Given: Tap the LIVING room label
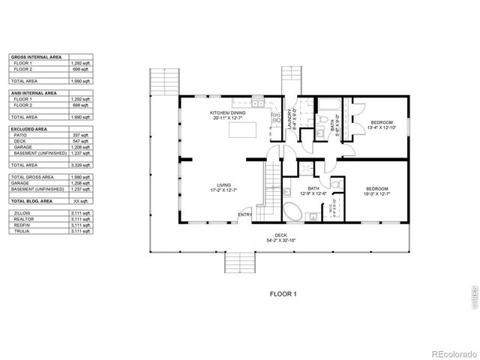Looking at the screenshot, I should click(x=223, y=187).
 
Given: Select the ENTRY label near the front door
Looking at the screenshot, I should click(x=244, y=215).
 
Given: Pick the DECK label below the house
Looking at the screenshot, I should click(x=281, y=238).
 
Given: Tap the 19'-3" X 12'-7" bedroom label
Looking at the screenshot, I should click(x=377, y=190).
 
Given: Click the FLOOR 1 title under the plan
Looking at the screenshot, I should click(x=283, y=294).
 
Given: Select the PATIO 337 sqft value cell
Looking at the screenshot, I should click(x=80, y=134).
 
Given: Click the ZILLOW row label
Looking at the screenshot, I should click(x=22, y=213).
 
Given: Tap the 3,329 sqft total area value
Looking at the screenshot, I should click(x=80, y=164).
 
